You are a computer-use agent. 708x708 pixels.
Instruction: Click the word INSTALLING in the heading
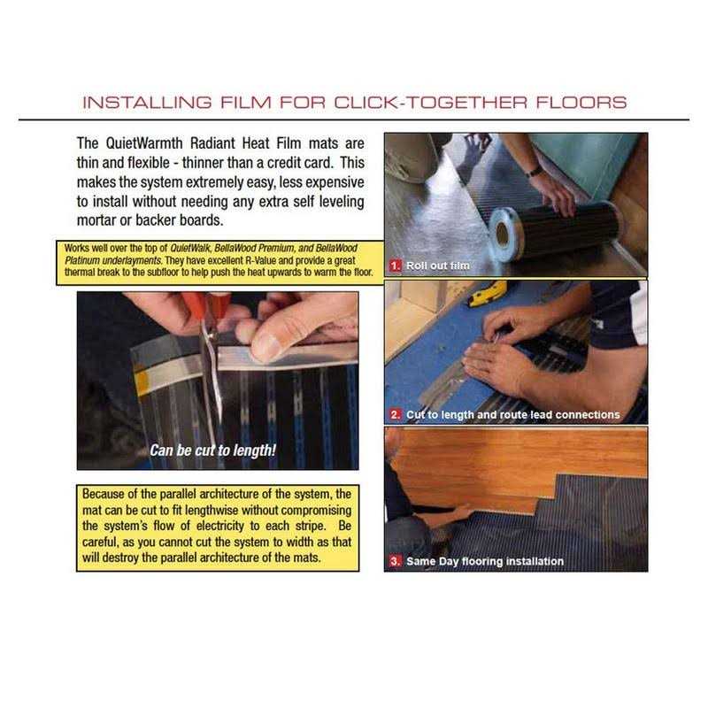click(x=147, y=103)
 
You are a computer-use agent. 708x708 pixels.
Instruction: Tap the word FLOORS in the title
click(x=581, y=103)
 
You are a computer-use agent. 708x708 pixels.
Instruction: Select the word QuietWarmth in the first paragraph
click(x=144, y=143)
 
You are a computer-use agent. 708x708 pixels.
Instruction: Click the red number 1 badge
click(x=395, y=265)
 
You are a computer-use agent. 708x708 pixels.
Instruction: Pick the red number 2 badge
click(x=395, y=414)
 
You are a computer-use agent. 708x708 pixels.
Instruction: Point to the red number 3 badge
click(x=395, y=561)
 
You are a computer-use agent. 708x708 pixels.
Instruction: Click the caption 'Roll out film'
click(x=437, y=265)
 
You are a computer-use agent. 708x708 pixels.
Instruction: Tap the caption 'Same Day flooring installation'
click(x=485, y=561)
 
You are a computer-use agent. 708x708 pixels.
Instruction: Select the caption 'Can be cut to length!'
click(x=212, y=450)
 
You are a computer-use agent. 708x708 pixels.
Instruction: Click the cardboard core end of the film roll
click(x=502, y=233)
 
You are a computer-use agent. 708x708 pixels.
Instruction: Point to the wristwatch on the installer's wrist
click(x=535, y=171)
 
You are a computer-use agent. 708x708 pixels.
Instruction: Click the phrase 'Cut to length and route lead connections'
click(x=513, y=414)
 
